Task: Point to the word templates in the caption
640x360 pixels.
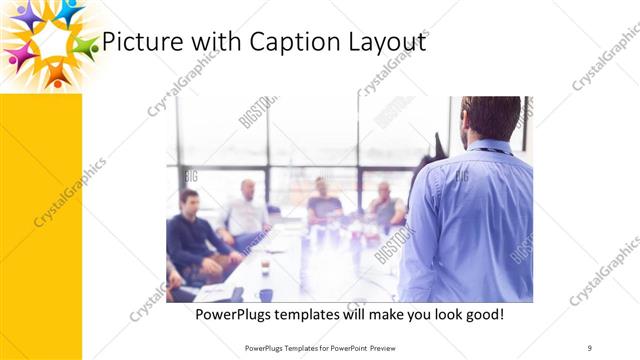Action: pos(318,314)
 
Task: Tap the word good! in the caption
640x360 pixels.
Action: pos(479,314)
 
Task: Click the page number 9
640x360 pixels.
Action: pos(590,347)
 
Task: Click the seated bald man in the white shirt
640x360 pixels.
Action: pos(246,210)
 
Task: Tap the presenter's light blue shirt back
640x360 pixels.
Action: pos(470,220)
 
